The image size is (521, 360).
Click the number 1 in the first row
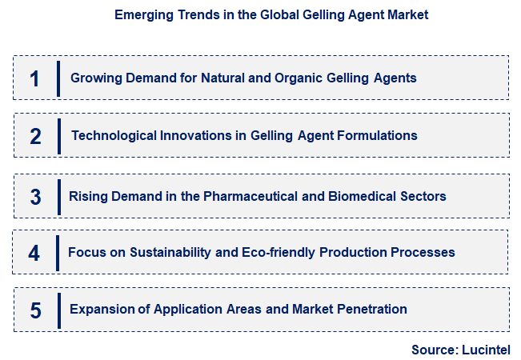(34, 78)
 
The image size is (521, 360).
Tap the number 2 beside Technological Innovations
(35, 136)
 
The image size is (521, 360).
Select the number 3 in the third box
(35, 197)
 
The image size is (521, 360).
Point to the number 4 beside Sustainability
(34, 254)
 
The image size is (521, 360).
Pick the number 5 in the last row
(35, 310)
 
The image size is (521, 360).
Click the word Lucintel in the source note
(485, 350)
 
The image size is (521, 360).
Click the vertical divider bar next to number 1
(58, 78)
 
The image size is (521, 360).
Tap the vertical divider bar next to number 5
(58, 310)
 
